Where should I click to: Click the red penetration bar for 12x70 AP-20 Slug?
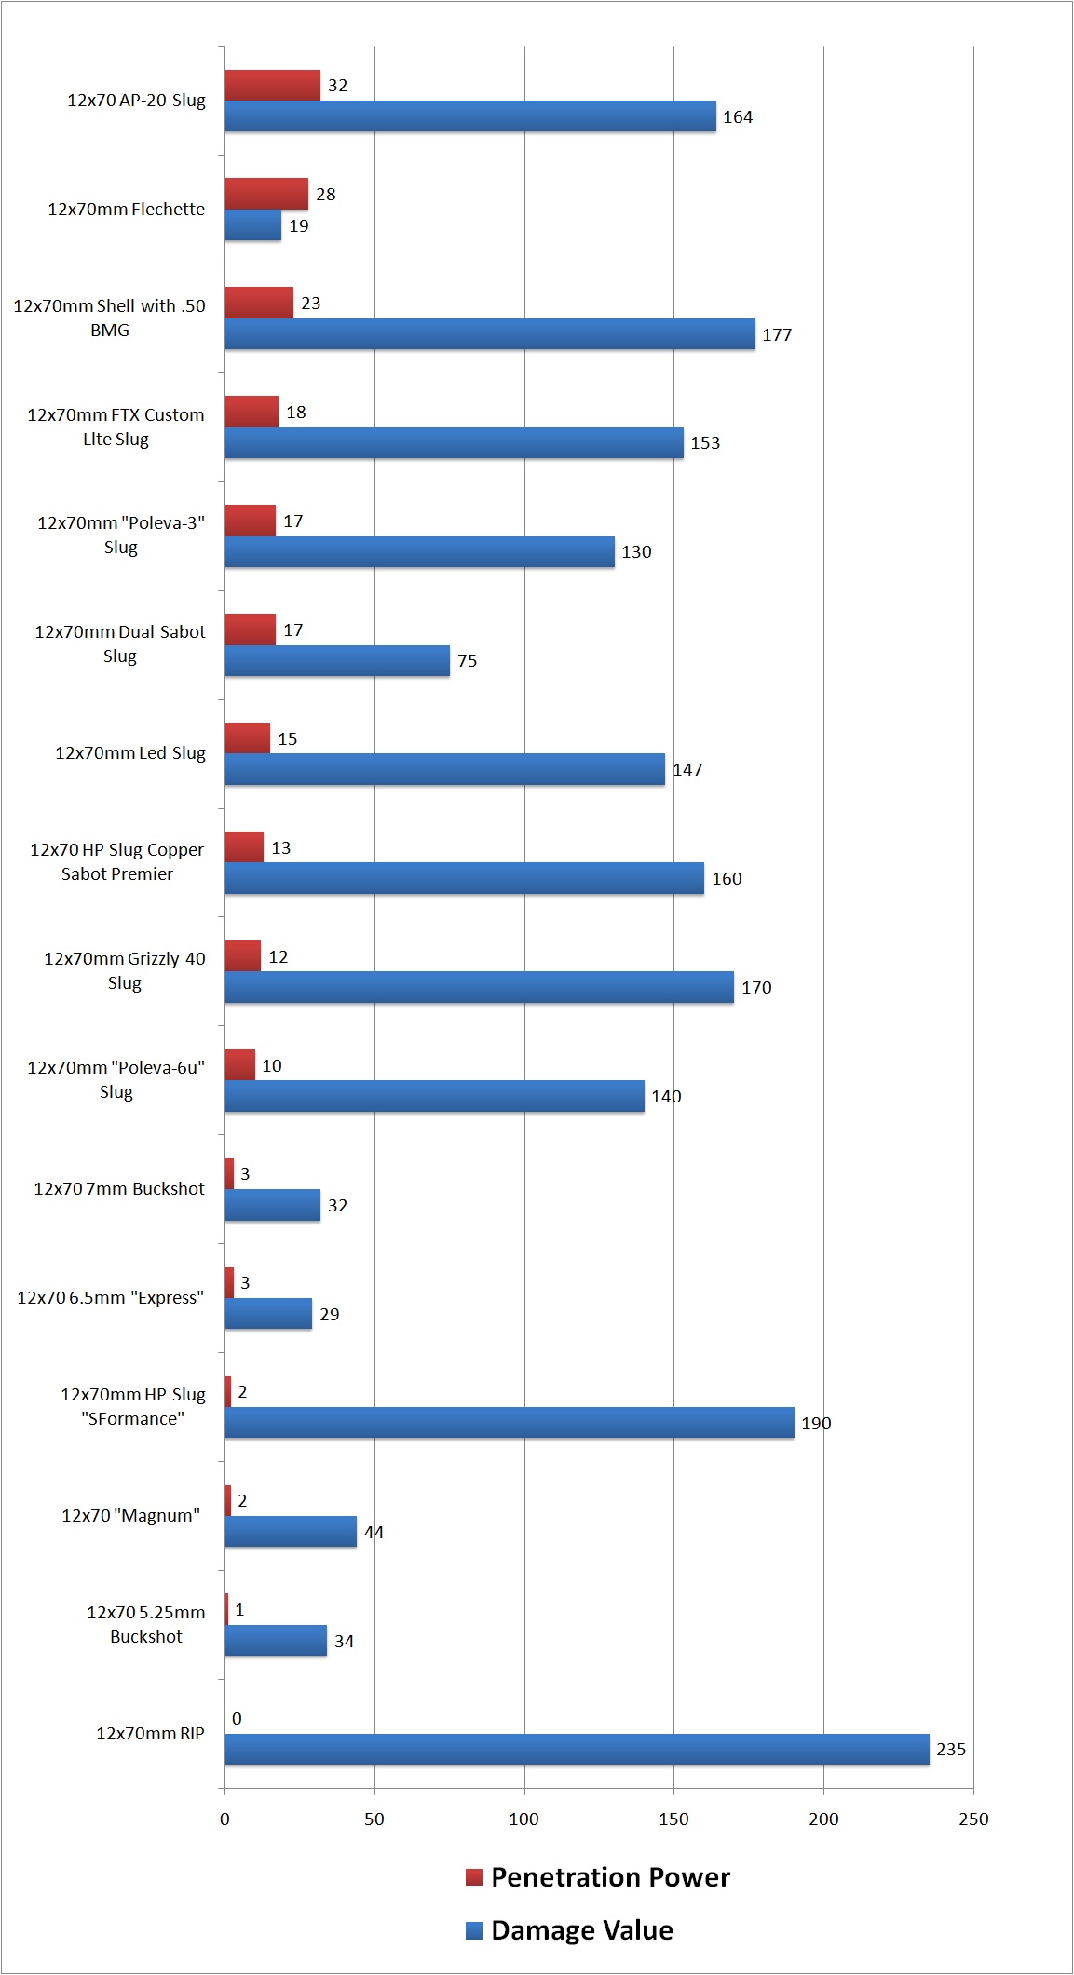pyautogui.click(x=272, y=85)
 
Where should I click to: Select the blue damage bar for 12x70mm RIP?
pyautogui.click(x=577, y=1749)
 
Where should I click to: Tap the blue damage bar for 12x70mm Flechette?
pyautogui.click(x=252, y=225)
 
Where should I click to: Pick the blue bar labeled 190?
pyautogui.click(x=509, y=1422)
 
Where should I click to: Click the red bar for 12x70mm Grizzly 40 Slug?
pyautogui.click(x=242, y=956)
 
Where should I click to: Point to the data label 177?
pyautogui.click(x=777, y=334)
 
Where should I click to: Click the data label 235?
pyautogui.click(x=950, y=1749)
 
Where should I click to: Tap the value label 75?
pyautogui.click(x=467, y=660)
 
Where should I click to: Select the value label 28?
pyautogui.click(x=325, y=194)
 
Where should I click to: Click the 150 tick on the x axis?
pyautogui.click(x=673, y=1819)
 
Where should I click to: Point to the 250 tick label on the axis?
pyautogui.click(x=973, y=1819)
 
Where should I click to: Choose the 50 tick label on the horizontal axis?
pyautogui.click(x=374, y=1819)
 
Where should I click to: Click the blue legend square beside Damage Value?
pyautogui.click(x=474, y=1930)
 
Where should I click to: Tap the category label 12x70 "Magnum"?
pyautogui.click(x=130, y=1515)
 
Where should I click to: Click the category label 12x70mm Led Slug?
pyautogui.click(x=129, y=752)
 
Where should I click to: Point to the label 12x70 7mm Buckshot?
pyautogui.click(x=119, y=1188)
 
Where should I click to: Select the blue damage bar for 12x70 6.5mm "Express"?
pyautogui.click(x=268, y=1313)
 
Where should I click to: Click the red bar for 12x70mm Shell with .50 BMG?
pyautogui.click(x=259, y=303)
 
